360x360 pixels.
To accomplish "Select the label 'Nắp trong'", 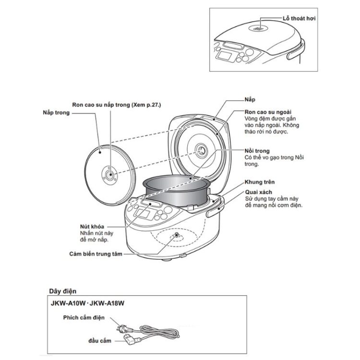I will (x=56, y=112).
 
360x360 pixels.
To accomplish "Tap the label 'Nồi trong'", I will (x=256, y=150).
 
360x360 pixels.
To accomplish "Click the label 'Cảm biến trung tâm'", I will (x=98, y=255).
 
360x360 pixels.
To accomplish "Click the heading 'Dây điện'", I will (x=63, y=291).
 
